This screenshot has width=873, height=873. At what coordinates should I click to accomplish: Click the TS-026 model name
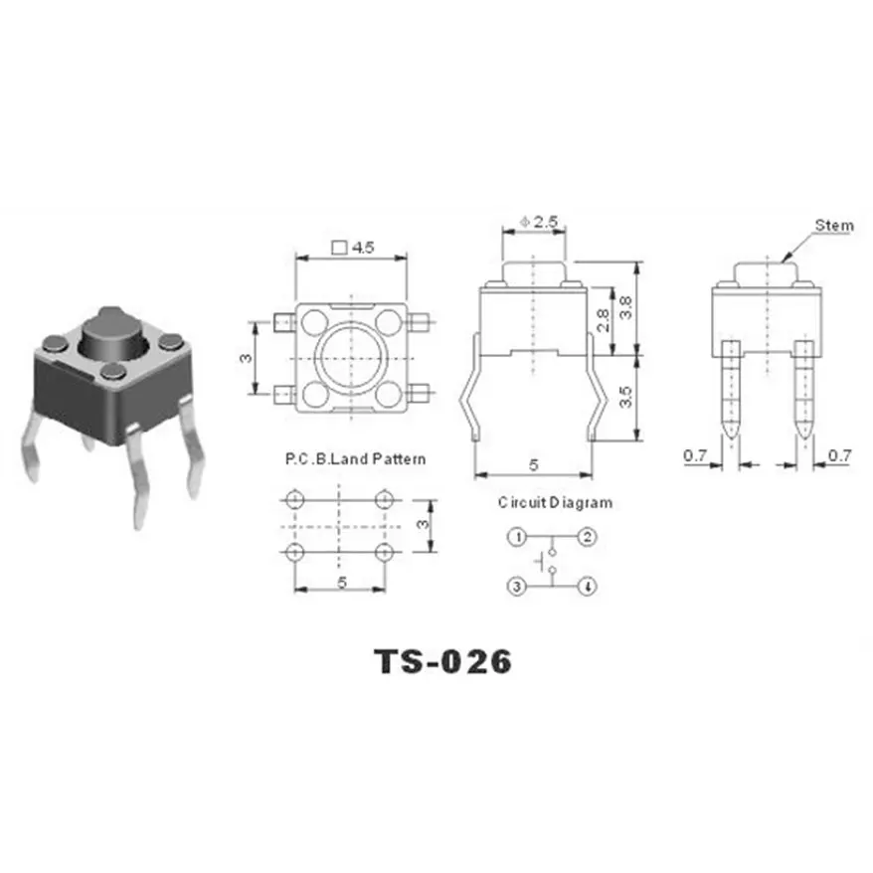tap(442, 660)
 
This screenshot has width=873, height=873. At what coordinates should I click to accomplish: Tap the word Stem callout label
tap(833, 225)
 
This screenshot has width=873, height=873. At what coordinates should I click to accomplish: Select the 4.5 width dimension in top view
tap(356, 249)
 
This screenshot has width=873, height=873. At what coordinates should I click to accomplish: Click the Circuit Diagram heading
tap(555, 502)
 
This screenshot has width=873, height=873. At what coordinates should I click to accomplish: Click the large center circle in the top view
tap(351, 358)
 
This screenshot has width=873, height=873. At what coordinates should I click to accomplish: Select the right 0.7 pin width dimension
tap(840, 456)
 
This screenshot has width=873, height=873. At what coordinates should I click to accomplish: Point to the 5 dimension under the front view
tap(534, 463)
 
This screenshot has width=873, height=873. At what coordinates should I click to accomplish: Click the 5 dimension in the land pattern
tap(341, 584)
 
